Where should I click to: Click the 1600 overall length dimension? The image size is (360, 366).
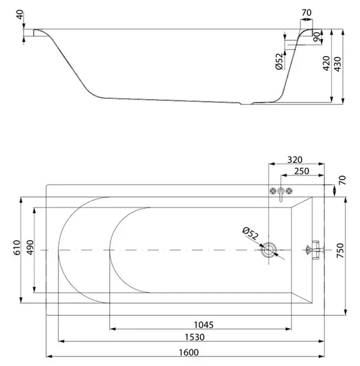click(x=189, y=352)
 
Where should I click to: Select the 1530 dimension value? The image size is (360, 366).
click(x=195, y=337)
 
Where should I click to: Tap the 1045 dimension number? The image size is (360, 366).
click(x=204, y=324)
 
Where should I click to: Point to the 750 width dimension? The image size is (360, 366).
click(x=340, y=250)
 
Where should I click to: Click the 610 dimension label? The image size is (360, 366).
click(x=17, y=247)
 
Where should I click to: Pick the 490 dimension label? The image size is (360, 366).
click(x=30, y=247)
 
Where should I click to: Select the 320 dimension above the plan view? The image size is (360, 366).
click(x=295, y=160)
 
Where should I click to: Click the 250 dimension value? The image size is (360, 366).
click(x=302, y=171)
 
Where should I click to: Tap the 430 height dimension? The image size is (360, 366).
click(x=338, y=64)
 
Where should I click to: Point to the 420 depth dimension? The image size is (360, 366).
click(x=326, y=63)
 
